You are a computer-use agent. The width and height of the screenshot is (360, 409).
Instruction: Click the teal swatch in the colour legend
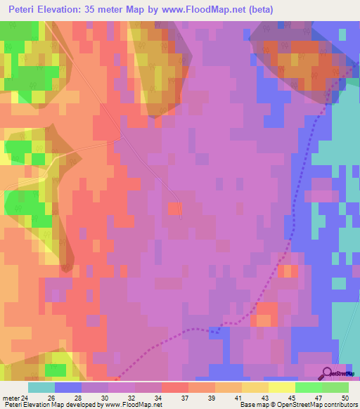click(x=41, y=387)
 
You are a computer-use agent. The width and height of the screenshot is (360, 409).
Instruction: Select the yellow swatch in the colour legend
click(x=282, y=387)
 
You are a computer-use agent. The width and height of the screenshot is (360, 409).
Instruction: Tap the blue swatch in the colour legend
click(x=68, y=387)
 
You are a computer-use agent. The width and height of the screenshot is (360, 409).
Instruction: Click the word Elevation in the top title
click(x=65, y=10)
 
